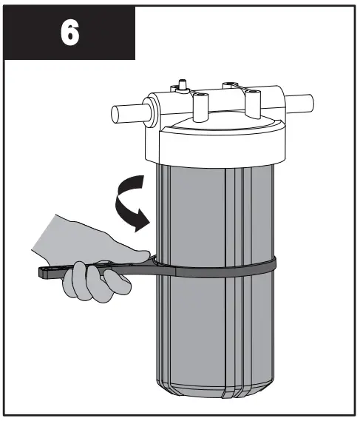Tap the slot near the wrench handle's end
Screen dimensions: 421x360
point(59,272)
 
